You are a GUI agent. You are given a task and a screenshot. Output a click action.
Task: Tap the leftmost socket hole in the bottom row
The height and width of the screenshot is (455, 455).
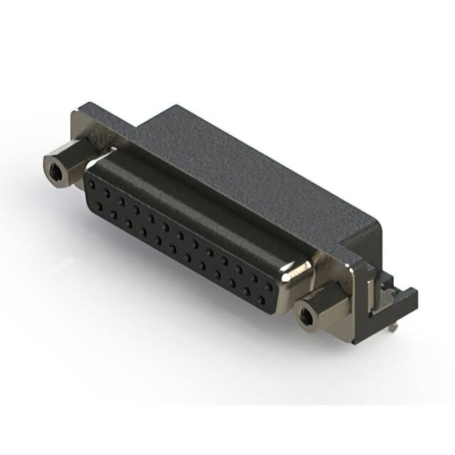point(100,205)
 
